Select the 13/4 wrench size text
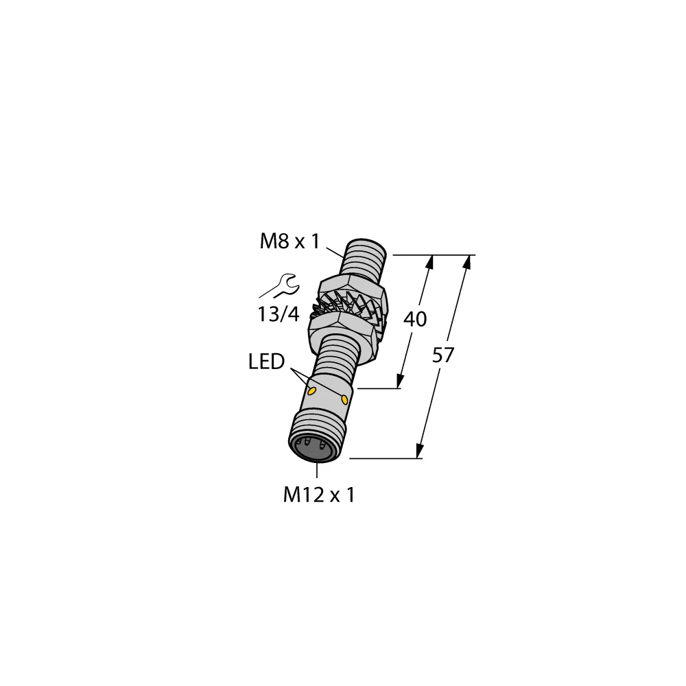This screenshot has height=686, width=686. coord(279,315)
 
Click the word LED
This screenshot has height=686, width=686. coord(266,362)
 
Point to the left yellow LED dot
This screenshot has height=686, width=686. coord(313,392)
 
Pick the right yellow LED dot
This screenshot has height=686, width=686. coord(344,399)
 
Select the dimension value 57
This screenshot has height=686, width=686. coord(445,355)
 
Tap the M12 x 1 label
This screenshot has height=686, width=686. coord(318,495)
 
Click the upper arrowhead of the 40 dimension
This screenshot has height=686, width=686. coord(431,261)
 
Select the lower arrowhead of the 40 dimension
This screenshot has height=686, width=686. coord(399,382)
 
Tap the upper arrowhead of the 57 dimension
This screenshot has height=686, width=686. coord(469,261)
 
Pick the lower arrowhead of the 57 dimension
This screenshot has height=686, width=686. coord(419,452)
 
